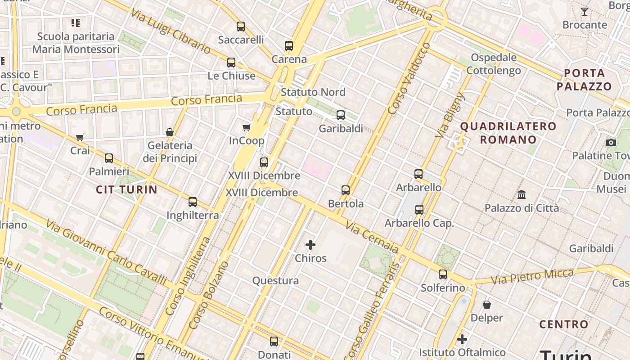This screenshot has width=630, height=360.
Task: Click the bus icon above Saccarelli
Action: tap(241, 26)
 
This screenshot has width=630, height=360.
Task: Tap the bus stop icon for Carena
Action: tap(289, 45)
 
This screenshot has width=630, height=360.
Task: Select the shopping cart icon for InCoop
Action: tap(247, 128)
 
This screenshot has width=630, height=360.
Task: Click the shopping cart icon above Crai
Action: tap(80, 137)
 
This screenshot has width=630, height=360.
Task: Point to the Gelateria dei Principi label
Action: tap(170, 152)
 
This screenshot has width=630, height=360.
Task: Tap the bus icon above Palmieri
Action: tap(109, 158)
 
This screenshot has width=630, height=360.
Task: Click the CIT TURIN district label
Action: tap(126, 189)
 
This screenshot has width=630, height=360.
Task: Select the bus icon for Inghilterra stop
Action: tap(193, 202)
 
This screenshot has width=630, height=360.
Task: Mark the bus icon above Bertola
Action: tap(346, 190)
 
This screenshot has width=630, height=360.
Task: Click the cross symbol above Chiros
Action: tap(310, 245)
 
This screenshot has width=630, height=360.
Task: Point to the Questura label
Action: tap(275, 281)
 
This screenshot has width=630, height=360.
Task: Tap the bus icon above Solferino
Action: tap(443, 274)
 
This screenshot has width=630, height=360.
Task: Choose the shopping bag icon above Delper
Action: tap(486, 305)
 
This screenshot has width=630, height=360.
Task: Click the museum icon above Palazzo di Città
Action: tap(522, 194)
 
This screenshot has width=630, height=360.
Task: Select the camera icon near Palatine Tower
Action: tap(611, 142)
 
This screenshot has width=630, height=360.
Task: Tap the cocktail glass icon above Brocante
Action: tap(585, 12)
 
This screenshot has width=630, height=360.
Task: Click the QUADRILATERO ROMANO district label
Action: tap(508, 133)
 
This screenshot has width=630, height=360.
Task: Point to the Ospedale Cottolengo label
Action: tap(494, 64)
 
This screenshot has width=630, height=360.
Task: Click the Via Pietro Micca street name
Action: tap(532, 276)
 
